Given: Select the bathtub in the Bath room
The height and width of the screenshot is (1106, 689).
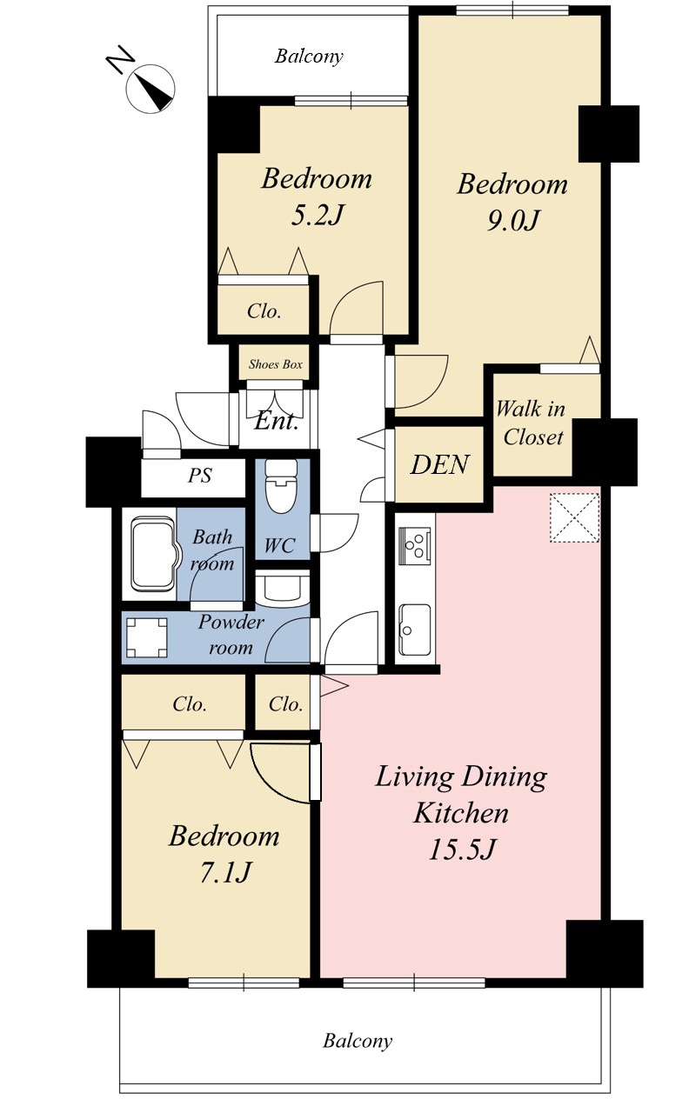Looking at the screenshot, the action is [153, 554].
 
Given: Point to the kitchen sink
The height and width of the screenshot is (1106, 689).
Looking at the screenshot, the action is [415, 629].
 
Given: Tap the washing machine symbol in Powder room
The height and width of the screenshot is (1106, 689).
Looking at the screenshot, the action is [147, 637].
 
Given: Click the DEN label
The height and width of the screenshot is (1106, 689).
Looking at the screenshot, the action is [439, 464].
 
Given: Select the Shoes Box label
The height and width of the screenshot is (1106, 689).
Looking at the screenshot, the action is [276, 365].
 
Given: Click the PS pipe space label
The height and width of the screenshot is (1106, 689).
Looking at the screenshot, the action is [199, 476].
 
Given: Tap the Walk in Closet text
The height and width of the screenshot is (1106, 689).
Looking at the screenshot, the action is [531, 423].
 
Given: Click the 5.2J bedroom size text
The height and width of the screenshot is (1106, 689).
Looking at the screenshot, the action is [317, 216].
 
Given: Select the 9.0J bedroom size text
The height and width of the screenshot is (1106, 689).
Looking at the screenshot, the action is [512, 221].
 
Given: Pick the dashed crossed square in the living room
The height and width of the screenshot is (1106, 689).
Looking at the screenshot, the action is [575, 517].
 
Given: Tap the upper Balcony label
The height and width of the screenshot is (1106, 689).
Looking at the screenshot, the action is [309, 57].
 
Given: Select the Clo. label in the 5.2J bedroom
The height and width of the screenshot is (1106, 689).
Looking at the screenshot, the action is [264, 311].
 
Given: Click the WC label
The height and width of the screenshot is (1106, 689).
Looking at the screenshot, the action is [279, 545].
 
